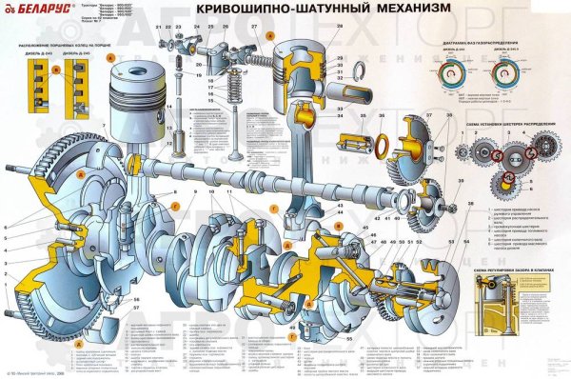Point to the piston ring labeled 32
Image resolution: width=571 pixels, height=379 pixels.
coord(357,71)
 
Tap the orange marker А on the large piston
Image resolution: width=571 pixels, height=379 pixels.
coord(110,57)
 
